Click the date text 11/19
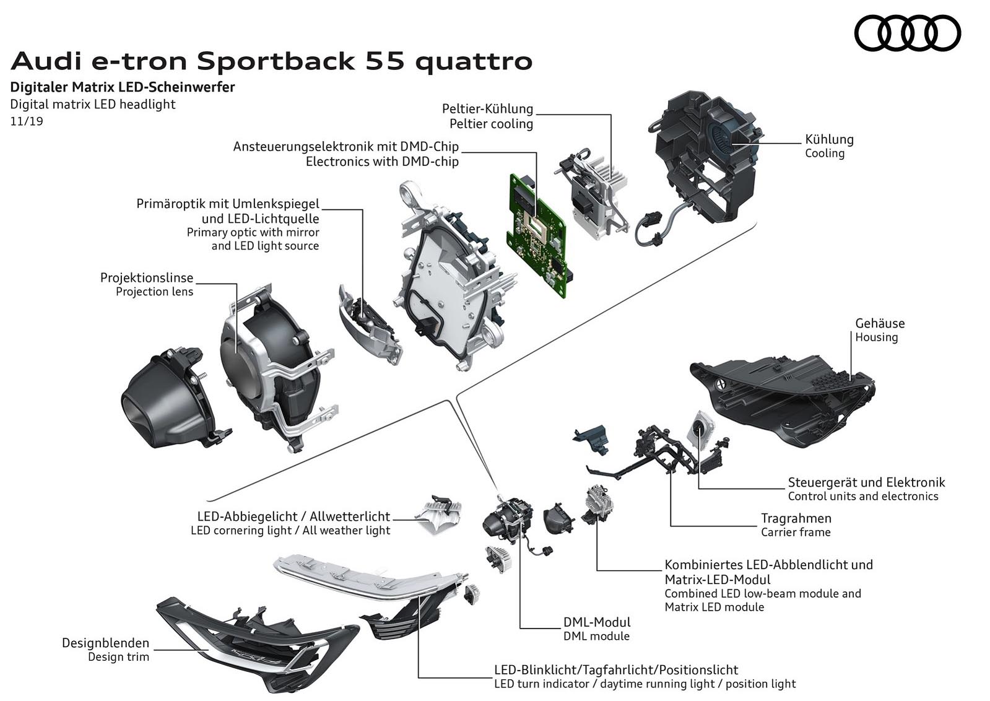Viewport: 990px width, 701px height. (x=27, y=121)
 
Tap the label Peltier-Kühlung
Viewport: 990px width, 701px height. (x=487, y=108)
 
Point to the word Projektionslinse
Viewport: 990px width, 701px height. (x=147, y=277)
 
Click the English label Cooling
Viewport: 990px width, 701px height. (x=824, y=153)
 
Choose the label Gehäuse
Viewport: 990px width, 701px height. (x=880, y=323)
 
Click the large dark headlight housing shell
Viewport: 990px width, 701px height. (x=786, y=396)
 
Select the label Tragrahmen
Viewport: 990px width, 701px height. (x=796, y=518)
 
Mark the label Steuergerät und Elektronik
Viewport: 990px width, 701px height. (x=866, y=482)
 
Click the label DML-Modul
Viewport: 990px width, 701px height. (x=597, y=622)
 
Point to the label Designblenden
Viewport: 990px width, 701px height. (x=105, y=643)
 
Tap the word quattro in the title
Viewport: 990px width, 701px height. (x=474, y=62)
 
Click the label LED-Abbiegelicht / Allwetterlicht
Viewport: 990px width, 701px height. (x=293, y=516)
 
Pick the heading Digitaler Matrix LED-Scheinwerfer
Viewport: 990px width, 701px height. (x=123, y=87)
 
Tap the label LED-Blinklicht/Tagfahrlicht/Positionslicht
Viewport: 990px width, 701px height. (x=616, y=670)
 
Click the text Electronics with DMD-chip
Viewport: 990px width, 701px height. (x=382, y=162)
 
